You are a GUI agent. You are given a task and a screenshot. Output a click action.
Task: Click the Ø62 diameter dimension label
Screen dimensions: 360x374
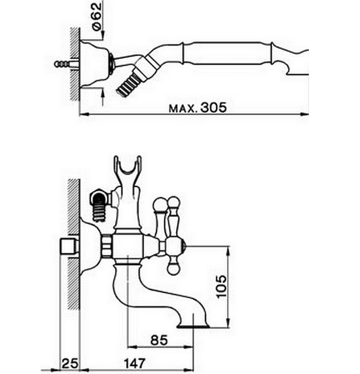pyautogui.click(x=97, y=16)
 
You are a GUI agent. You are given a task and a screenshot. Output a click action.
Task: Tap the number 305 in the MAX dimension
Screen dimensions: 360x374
pyautogui.click(x=213, y=107)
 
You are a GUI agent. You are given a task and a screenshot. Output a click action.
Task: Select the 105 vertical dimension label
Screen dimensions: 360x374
pyautogui.click(x=221, y=286)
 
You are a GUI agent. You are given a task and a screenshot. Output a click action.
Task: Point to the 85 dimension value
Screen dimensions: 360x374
pyautogui.click(x=159, y=340)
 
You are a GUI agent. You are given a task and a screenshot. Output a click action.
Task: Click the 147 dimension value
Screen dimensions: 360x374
pyautogui.click(x=134, y=363)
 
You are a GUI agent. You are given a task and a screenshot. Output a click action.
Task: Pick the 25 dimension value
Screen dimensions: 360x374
pyautogui.click(x=70, y=363)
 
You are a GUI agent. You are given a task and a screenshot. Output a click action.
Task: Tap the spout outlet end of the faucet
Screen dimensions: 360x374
pyautogui.click(x=193, y=326)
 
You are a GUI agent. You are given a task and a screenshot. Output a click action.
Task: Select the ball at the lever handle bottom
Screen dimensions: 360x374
pyautogui.click(x=173, y=269)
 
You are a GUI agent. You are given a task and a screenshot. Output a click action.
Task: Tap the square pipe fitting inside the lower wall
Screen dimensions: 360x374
pyautogui.click(x=69, y=247)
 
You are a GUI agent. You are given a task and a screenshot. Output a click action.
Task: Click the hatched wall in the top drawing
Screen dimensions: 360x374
pyautogui.click(x=74, y=64)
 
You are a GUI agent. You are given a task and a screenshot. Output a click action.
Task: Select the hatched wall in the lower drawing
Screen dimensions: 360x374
pyautogui.click(x=74, y=244)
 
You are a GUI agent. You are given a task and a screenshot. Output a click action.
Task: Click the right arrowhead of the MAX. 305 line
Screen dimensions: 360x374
pyautogui.click(x=304, y=114)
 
